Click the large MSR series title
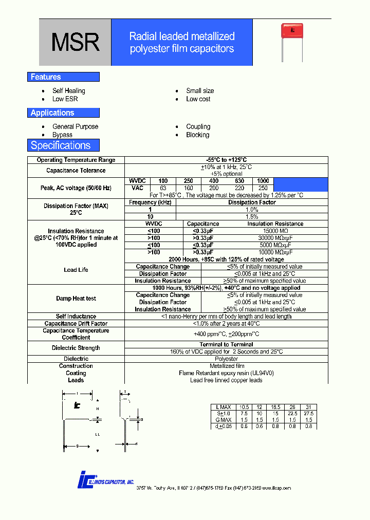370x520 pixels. (x=75, y=43)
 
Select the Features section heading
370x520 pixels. (x=46, y=77)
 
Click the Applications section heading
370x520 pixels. (x=52, y=113)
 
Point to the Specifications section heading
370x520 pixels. (x=61, y=145)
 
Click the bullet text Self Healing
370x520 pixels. (x=69, y=91)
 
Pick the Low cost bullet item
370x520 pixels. (x=198, y=99)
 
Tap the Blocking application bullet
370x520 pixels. (x=198, y=135)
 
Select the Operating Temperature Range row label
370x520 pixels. (x=76, y=160)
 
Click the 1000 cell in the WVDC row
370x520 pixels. (x=263, y=181)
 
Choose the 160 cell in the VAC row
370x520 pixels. (x=189, y=188)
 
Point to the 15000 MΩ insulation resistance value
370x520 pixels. (x=275, y=231)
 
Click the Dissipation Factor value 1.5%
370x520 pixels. (x=252, y=217)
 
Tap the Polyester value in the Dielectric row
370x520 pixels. (x=226, y=359)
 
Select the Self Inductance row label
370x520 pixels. (x=76, y=317)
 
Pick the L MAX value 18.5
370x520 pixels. (x=276, y=407)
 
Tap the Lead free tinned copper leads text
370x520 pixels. (x=226, y=380)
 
